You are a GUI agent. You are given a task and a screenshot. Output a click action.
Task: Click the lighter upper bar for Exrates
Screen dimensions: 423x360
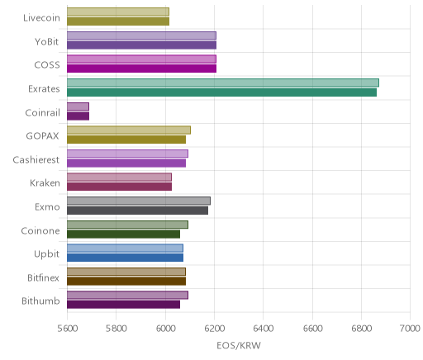[223, 83]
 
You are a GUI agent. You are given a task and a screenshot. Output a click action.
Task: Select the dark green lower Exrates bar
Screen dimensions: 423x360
[221, 92]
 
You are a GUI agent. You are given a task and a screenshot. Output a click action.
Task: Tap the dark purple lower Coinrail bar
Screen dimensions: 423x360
[78, 116]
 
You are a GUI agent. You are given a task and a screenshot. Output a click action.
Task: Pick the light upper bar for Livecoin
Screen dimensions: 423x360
[118, 12]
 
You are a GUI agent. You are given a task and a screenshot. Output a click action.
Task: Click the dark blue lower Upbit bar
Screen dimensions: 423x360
[125, 258]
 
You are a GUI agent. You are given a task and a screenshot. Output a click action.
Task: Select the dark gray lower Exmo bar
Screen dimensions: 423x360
[137, 211]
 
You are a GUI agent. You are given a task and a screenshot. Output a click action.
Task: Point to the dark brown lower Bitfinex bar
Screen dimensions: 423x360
[126, 282]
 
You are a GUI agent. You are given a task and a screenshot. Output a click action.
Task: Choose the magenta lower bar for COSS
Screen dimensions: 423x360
[141, 69]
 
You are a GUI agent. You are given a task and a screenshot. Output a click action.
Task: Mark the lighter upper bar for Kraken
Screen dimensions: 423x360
[119, 177]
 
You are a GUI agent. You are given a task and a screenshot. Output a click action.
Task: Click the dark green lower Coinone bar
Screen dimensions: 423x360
[123, 234]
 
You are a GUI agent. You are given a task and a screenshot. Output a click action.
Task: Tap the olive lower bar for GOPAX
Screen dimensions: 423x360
[126, 140]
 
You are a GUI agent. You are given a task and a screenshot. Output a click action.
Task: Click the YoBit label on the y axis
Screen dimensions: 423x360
[47, 42]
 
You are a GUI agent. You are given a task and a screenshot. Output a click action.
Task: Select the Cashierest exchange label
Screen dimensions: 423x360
[36, 159]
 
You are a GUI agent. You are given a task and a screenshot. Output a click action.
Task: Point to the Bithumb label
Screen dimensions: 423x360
[40, 301]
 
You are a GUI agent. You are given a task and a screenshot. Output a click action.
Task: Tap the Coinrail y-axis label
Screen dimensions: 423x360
[42, 112]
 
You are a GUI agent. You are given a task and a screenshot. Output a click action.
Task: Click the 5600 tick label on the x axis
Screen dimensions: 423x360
[67, 329]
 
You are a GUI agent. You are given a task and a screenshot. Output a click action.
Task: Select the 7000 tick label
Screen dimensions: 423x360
[410, 329]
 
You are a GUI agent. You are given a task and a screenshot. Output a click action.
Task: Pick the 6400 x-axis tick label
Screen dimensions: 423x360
[263, 329]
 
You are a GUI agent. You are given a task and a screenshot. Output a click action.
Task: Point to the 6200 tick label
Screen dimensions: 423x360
[214, 329]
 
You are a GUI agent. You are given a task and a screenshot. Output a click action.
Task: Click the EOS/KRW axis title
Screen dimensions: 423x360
[239, 345]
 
